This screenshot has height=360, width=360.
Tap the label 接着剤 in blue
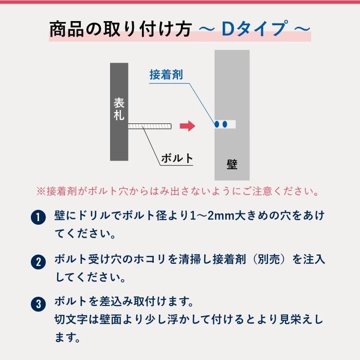coord(166,74)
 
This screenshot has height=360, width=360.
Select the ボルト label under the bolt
coord(177,158)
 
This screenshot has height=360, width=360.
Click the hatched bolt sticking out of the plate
coord(149,125)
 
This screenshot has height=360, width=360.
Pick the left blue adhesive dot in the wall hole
coord(218,124)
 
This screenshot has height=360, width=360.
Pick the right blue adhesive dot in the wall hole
coord(226,124)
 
